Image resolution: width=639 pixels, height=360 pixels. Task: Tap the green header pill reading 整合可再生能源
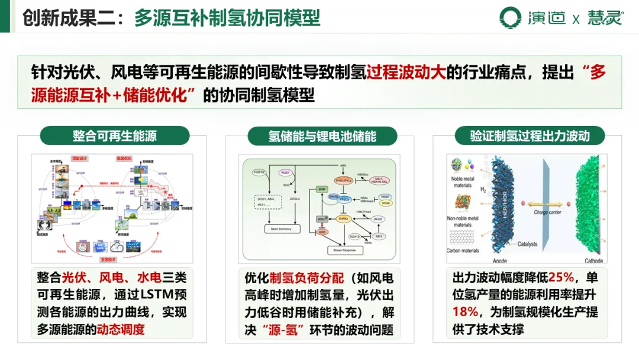115,136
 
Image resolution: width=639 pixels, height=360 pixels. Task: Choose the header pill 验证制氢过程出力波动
530,136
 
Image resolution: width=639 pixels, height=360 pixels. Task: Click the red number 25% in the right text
558,277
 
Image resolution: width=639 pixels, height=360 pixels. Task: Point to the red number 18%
466,312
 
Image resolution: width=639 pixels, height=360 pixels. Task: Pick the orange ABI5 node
322,232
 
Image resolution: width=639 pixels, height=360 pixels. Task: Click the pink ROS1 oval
285,173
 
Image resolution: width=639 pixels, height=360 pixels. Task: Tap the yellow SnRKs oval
344,219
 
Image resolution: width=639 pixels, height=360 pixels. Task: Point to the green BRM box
322,189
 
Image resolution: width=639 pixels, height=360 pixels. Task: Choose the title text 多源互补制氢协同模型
227,17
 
